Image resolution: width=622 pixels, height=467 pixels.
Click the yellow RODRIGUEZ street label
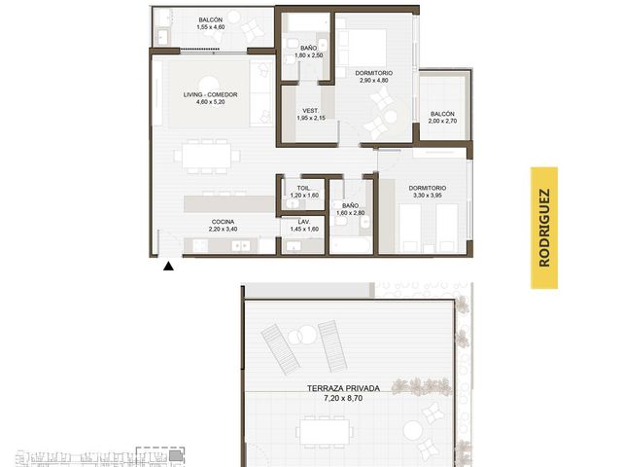[x=544, y=228]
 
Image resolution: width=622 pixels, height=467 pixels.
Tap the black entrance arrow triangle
[x=168, y=266]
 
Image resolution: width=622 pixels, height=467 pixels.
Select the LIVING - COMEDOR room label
[x=210, y=94]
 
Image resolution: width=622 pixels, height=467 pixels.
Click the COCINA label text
[x=223, y=222]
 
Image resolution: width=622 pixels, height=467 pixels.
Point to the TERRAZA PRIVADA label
[x=343, y=388]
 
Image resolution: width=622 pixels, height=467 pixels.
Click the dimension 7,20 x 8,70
[x=343, y=398]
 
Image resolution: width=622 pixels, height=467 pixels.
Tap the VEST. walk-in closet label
[x=311, y=111]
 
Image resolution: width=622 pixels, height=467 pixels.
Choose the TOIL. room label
[x=304, y=188]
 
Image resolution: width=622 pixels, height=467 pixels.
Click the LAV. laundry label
[x=304, y=222]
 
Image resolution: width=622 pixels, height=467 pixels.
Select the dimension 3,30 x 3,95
[x=428, y=196]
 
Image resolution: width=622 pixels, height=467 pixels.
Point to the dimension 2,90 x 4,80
[x=373, y=80]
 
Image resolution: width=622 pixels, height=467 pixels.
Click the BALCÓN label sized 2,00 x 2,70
[x=443, y=114]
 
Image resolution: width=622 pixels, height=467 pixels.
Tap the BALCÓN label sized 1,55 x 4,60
[x=211, y=19]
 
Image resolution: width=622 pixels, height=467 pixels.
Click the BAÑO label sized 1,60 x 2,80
[x=350, y=205]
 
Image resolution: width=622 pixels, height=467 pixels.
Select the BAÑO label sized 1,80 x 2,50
[x=309, y=49]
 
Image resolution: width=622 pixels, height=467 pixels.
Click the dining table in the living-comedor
[x=207, y=156]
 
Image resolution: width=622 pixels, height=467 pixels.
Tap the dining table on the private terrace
[x=325, y=432]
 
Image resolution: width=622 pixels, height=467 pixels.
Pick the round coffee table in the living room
[x=208, y=86]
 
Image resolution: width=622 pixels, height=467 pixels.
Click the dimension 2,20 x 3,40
[x=223, y=230]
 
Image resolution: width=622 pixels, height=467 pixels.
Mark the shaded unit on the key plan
[x=175, y=456]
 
